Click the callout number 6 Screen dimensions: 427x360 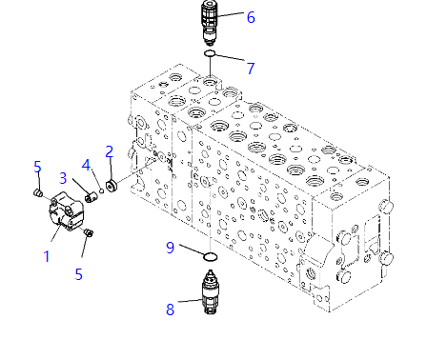(251, 17)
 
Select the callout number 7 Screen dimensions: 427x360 (251, 69)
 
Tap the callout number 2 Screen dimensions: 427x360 (110, 151)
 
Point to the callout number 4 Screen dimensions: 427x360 (86, 165)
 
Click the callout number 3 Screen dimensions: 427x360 (63, 178)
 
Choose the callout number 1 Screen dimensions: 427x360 (47, 256)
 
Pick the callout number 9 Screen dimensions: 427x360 (171, 248)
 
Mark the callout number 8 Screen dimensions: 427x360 (171, 310)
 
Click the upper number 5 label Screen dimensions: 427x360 (38, 167)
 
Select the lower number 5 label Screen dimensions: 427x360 (79, 274)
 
